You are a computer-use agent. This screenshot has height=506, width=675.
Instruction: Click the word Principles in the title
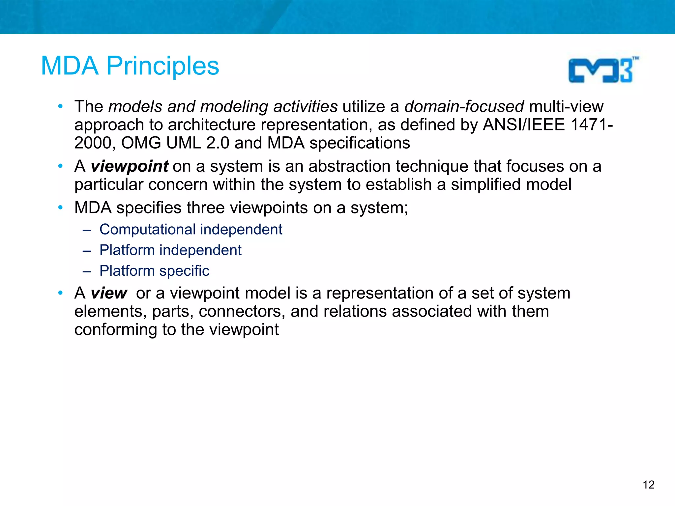point(163,66)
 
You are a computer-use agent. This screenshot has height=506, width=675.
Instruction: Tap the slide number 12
point(648,485)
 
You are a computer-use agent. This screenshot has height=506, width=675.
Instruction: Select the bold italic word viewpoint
point(130,166)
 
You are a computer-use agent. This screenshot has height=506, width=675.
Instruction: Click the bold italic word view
point(109,293)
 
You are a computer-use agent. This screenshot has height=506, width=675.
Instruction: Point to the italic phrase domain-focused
point(464,106)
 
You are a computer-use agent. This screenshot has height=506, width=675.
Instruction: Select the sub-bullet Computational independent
point(191,229)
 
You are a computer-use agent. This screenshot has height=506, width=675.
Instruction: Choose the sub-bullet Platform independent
point(170,250)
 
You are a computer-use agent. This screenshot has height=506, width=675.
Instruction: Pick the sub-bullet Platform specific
point(154,271)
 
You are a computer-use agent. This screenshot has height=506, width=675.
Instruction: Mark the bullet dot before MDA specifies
point(60,208)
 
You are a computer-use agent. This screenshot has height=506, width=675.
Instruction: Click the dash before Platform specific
point(87,271)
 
